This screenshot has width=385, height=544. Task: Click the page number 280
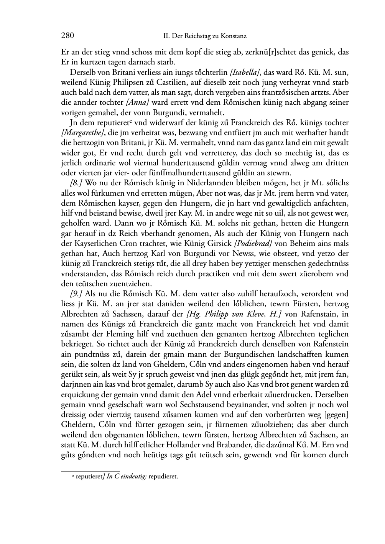click(x=67, y=36)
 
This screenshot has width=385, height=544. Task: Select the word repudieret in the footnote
click(x=163, y=477)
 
